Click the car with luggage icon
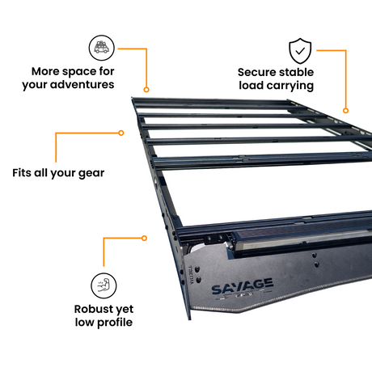(x=102, y=48)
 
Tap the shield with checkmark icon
(x=300, y=51)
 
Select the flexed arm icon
(x=104, y=285)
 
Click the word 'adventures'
(x=82, y=84)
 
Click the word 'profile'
(x=115, y=323)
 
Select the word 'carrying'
(x=290, y=86)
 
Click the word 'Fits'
(x=22, y=172)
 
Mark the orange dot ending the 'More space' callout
(x=146, y=90)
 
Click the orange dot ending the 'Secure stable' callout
(x=345, y=111)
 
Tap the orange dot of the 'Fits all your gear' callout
(x=121, y=133)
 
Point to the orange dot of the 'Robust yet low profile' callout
(x=144, y=238)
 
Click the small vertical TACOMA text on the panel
(x=191, y=275)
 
